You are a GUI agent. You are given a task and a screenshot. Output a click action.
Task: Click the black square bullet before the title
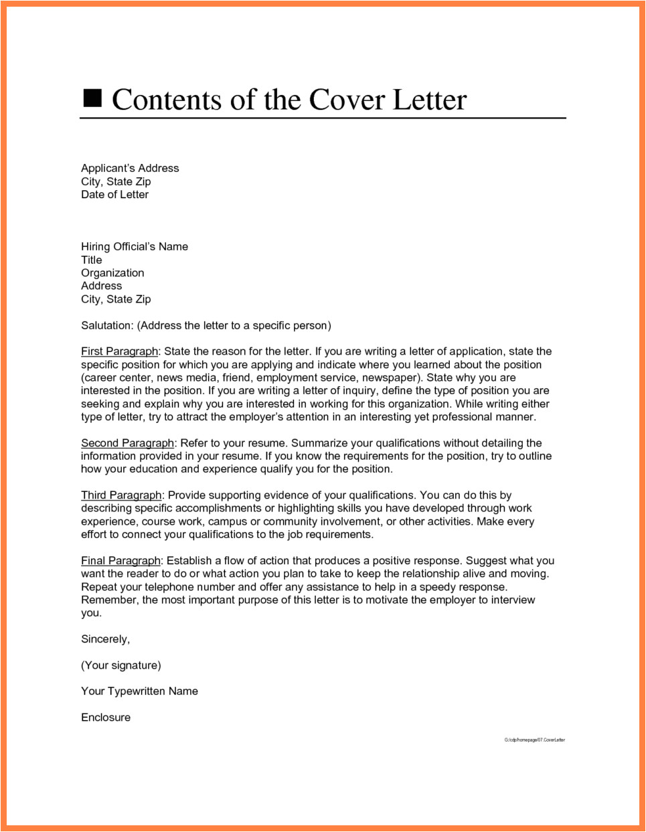[x=92, y=98]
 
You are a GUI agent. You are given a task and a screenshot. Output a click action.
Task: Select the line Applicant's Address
[x=130, y=168]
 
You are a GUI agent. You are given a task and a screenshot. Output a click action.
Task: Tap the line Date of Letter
[x=114, y=194]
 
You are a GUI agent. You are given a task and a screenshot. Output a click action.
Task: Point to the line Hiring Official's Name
[x=135, y=246]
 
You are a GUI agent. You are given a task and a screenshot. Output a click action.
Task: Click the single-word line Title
[x=92, y=260]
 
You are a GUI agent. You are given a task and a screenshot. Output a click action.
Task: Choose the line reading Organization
[x=112, y=272]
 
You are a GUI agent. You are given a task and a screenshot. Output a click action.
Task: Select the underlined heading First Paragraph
[x=119, y=351]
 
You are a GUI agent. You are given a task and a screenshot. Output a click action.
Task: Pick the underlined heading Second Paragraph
[x=127, y=443]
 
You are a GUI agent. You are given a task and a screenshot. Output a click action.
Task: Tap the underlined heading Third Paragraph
[x=121, y=495]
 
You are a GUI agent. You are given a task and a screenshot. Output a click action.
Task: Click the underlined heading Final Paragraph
[x=120, y=561]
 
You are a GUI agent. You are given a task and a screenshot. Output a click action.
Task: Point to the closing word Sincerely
[x=105, y=639]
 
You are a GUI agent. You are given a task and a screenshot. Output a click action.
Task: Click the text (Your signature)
[x=121, y=665]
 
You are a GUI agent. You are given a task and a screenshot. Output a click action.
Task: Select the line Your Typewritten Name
[x=139, y=691]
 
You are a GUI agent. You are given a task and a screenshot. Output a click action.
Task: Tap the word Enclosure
[x=106, y=717]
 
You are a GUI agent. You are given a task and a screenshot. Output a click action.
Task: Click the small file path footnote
[x=534, y=740]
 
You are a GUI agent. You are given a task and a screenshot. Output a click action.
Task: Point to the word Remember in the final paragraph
[x=110, y=600]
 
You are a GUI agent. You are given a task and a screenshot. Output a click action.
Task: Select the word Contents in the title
[x=167, y=100]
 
